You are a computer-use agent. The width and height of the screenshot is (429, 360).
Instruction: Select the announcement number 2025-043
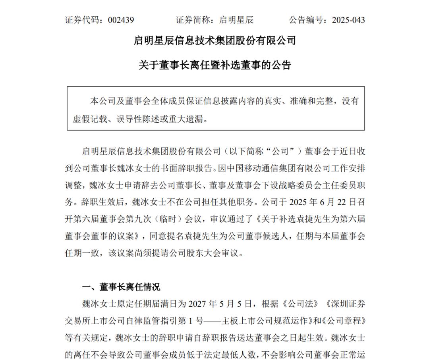click(x=345, y=20)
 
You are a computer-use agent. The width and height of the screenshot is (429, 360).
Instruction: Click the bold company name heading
click(x=215, y=40)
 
